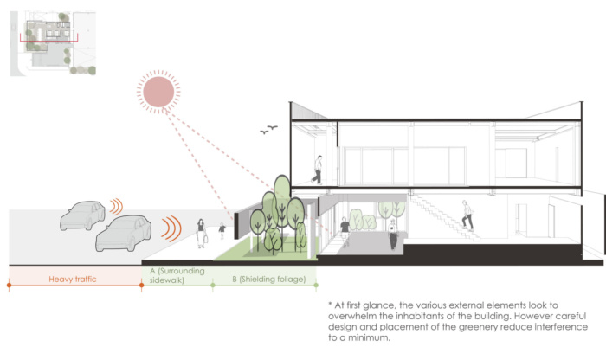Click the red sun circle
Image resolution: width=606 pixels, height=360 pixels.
pyautogui.click(x=158, y=92)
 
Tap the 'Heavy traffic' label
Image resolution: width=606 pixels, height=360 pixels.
pyautogui.click(x=72, y=279)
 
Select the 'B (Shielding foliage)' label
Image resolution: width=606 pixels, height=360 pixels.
pyautogui.click(x=269, y=279)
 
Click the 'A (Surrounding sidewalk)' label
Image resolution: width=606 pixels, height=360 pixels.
pyautogui.click(x=177, y=275)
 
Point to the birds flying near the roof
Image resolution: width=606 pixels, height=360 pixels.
pyautogui.click(x=268, y=130)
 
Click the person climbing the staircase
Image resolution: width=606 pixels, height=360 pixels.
pyautogui.click(x=467, y=215)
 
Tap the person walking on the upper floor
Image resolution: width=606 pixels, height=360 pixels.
pyautogui.click(x=318, y=170)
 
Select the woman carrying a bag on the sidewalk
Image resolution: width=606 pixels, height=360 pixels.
pyautogui.click(x=201, y=234)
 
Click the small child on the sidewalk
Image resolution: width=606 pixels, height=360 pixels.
pyautogui.click(x=222, y=230)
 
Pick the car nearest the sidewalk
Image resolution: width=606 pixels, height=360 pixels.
pyautogui.click(x=123, y=233)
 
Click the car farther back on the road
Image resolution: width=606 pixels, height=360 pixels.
pyautogui.click(x=82, y=215)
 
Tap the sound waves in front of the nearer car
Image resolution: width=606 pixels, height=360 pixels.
pyautogui.click(x=171, y=228)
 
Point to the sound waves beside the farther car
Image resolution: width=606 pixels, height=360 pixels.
pyautogui.click(x=116, y=207)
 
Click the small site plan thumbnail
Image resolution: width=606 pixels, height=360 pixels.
pyautogui.click(x=53, y=43)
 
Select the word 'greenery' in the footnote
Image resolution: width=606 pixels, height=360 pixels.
pyautogui.click(x=477, y=327)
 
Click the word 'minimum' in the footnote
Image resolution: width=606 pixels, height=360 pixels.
pyautogui.click(x=369, y=337)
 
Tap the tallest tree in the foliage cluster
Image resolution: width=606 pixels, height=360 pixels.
pyautogui.click(x=282, y=201)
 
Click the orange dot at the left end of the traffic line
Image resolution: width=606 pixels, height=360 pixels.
pyautogui.click(x=9, y=285)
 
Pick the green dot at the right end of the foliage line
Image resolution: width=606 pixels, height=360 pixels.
pyautogui.click(x=316, y=285)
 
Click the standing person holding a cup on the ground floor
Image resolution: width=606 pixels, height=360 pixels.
pyautogui.click(x=393, y=235)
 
